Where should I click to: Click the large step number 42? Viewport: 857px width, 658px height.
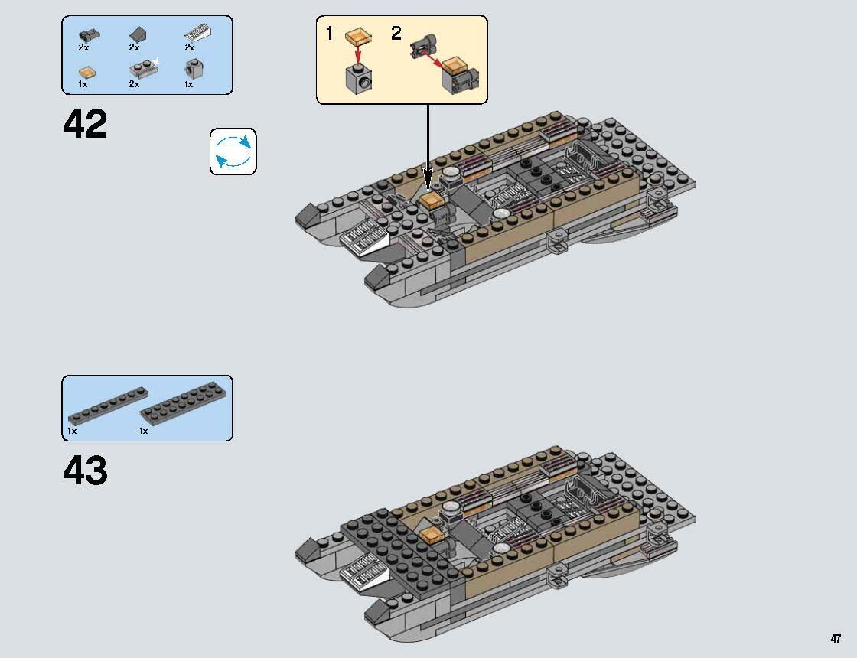[x=85, y=125]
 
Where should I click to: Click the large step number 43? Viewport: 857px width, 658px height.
[x=85, y=471]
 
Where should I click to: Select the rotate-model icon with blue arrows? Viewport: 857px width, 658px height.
[x=233, y=151]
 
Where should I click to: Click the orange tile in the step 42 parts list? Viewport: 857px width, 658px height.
[x=87, y=70]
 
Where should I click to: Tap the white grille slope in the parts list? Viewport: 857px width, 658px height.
[x=197, y=32]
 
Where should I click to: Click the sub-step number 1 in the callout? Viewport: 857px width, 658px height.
[x=330, y=34]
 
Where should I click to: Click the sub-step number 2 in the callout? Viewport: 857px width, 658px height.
[x=396, y=34]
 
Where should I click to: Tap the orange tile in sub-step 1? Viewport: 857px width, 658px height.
[x=357, y=35]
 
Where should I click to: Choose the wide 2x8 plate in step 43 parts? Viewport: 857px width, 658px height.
[x=184, y=407]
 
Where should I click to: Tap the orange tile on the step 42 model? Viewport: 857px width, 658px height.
[x=430, y=200]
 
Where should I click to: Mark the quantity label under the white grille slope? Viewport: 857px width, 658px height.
[x=189, y=48]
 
